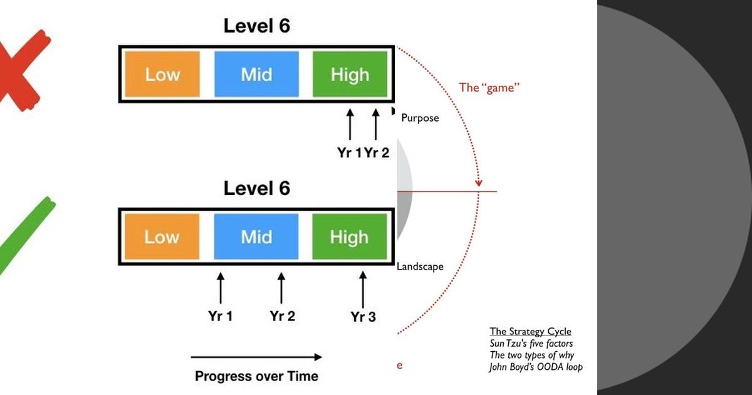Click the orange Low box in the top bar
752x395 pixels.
coord(162,74)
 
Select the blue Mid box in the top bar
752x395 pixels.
coord(256,74)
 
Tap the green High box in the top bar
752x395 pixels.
coord(350,74)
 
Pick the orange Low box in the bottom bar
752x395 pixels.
coord(162,236)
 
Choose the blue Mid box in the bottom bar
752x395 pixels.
coord(256,236)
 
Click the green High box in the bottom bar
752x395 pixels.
coord(350,236)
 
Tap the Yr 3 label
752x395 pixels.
coord(363,317)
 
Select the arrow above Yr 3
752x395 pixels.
coord(363,290)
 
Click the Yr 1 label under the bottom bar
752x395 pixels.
coord(220,316)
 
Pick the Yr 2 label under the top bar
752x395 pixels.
coord(377,153)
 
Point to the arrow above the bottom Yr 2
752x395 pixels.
coord(281,288)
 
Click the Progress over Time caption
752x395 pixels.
coord(256,376)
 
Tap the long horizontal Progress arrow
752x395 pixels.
coord(256,357)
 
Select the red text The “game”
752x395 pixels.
coord(489,88)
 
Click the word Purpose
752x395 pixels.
coord(420,118)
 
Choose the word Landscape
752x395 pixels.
coord(420,266)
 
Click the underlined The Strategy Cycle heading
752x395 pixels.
coord(530,332)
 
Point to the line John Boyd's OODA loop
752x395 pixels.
coord(536,367)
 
